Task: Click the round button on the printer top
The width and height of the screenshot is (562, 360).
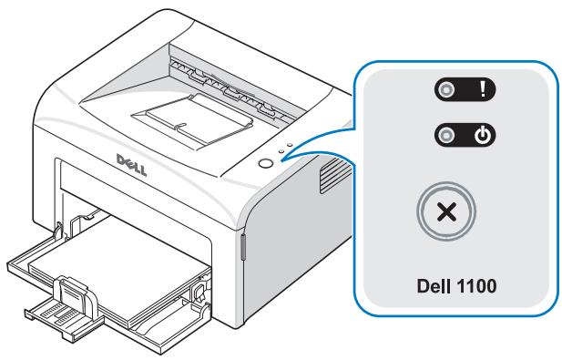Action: click(x=265, y=163)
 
